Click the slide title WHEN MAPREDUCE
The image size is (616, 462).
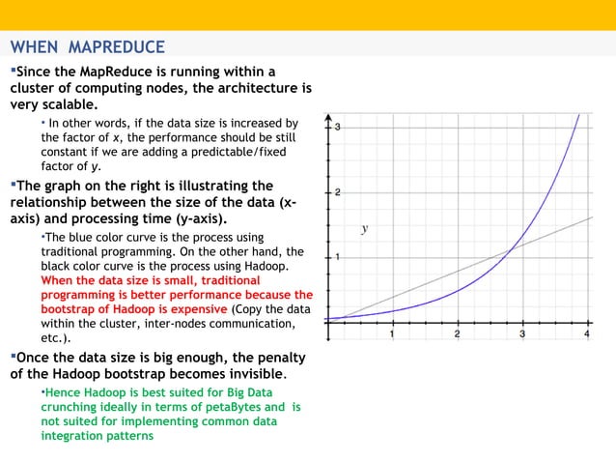coord(87,46)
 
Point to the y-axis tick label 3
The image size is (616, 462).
coord(338,127)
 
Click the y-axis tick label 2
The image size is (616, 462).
coord(338,192)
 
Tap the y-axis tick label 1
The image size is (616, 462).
coord(338,257)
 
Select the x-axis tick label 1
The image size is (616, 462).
coord(392,334)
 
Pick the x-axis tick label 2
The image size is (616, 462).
coord(457,334)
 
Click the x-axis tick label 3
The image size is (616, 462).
coord(522,334)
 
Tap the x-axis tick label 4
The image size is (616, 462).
coord(586,334)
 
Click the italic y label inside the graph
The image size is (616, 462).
coord(364,229)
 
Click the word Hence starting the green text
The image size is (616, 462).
coord(60,393)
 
